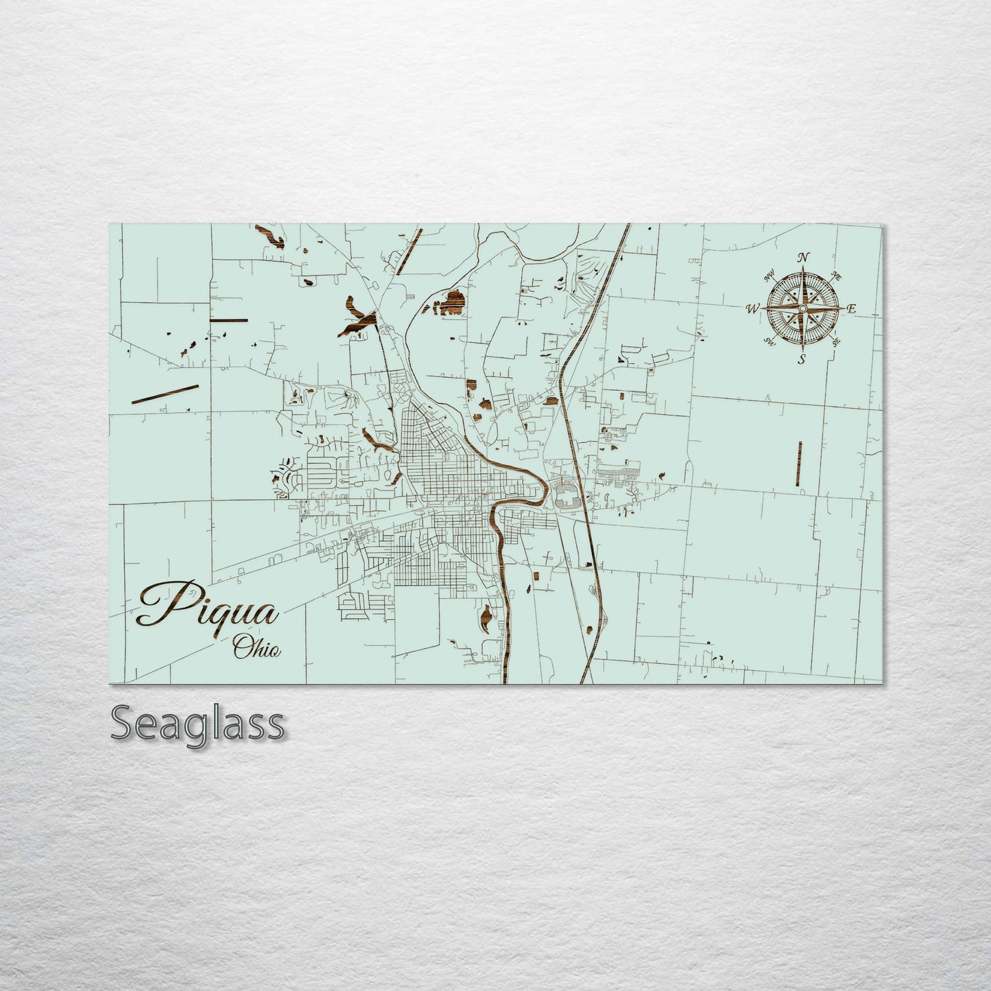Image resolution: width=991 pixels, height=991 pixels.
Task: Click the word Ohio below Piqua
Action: pyautogui.click(x=256, y=646)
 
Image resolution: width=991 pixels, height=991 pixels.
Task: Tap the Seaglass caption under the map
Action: pyautogui.click(x=197, y=724)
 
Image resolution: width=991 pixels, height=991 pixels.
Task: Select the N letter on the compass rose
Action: pyautogui.click(x=802, y=258)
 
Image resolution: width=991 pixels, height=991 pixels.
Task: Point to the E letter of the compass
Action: pyautogui.click(x=852, y=309)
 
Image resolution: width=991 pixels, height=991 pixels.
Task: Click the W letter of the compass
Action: pyautogui.click(x=752, y=309)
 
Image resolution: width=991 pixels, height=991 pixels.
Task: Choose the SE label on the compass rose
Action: pyautogui.click(x=836, y=342)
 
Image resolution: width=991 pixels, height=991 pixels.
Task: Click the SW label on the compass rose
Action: pyautogui.click(x=769, y=342)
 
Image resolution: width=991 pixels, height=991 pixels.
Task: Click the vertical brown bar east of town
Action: pyautogui.click(x=800, y=464)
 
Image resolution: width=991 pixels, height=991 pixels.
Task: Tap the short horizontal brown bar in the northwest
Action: pyautogui.click(x=228, y=320)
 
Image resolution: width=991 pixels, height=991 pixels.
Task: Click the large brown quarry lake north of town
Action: pyautogui.click(x=452, y=302)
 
